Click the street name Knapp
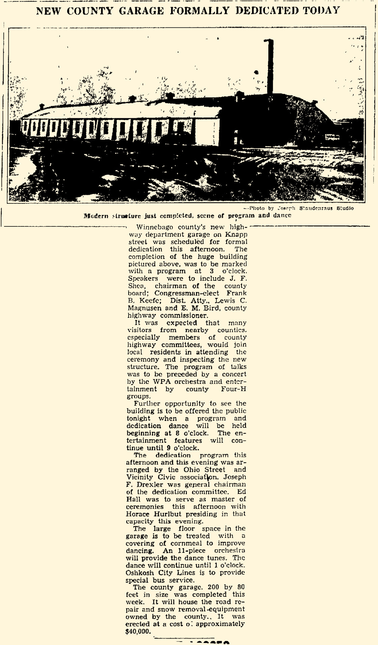(238, 234)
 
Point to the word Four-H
(234, 389)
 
